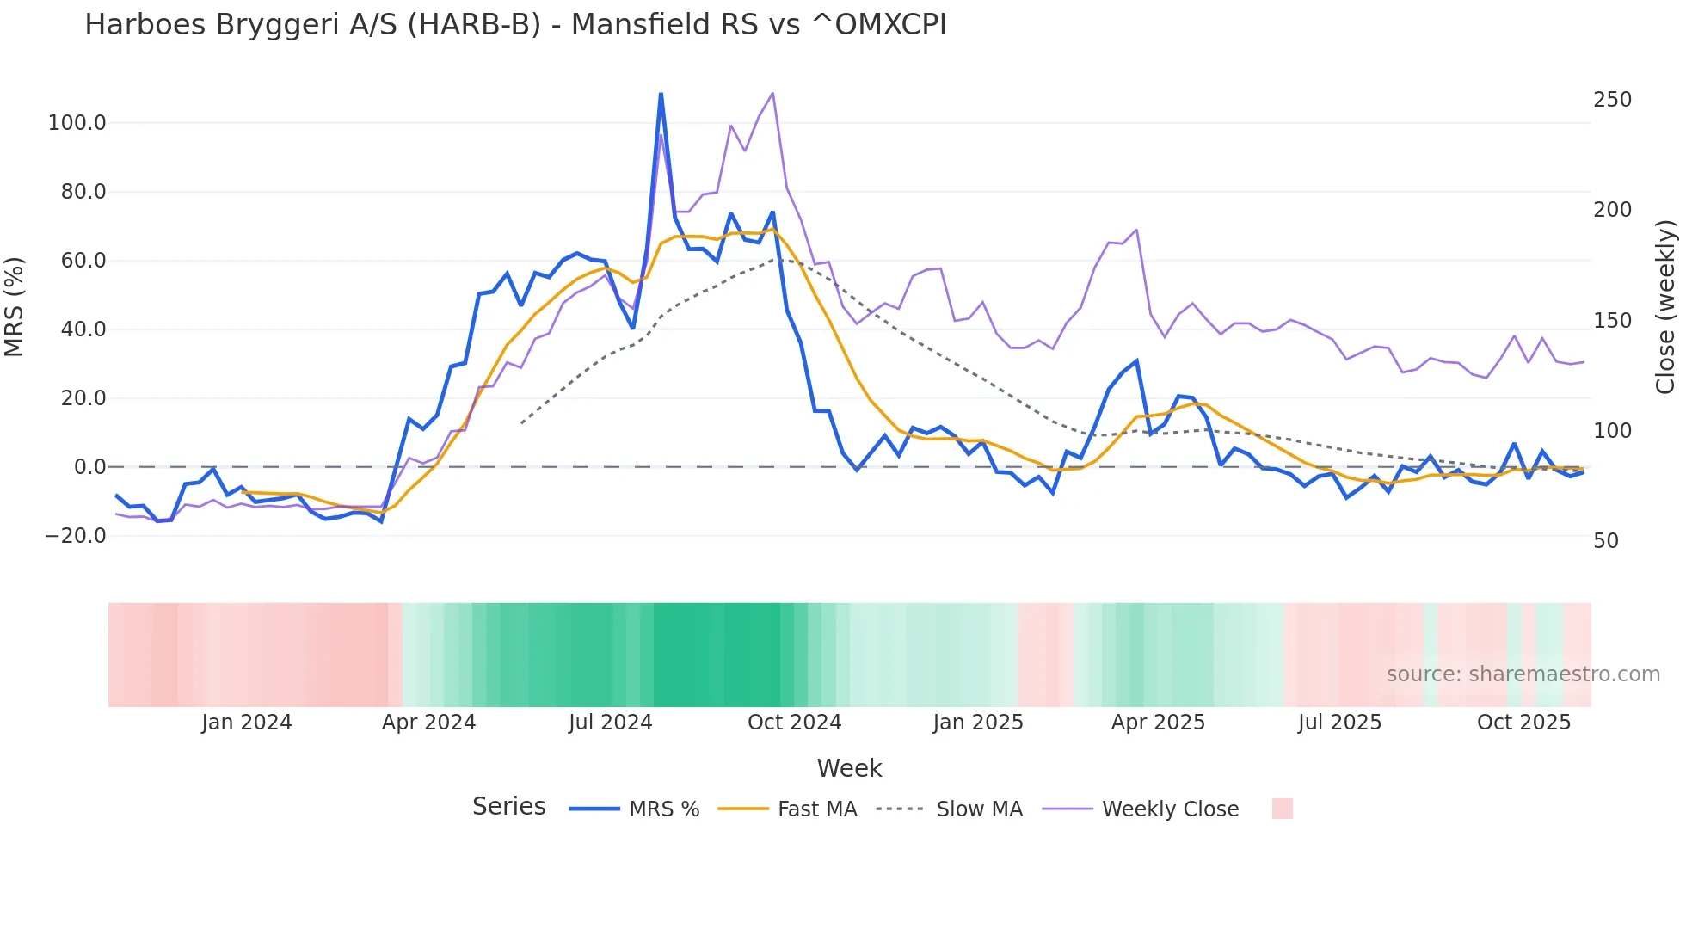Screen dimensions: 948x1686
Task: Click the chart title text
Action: (515, 25)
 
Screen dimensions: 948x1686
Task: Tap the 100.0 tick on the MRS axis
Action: (77, 123)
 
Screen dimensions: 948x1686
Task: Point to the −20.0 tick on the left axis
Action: (76, 536)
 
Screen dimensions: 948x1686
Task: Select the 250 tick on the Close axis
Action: (1612, 100)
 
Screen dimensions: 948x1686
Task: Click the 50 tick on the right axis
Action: (1606, 541)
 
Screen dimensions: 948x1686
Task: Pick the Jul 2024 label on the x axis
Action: (610, 723)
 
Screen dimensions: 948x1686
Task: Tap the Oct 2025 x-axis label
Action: (1523, 723)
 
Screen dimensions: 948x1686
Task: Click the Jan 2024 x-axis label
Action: (246, 723)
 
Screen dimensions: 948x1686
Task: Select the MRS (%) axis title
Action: (15, 307)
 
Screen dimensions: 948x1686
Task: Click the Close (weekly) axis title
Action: (1665, 307)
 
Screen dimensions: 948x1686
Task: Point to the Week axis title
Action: (849, 768)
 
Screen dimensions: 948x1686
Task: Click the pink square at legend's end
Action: (1282, 809)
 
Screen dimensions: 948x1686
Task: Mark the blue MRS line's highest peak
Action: (661, 94)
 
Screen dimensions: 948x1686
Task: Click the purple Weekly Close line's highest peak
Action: (772, 93)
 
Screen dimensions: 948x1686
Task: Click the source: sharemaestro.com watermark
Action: (1523, 674)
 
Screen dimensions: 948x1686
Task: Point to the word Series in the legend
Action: (508, 807)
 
